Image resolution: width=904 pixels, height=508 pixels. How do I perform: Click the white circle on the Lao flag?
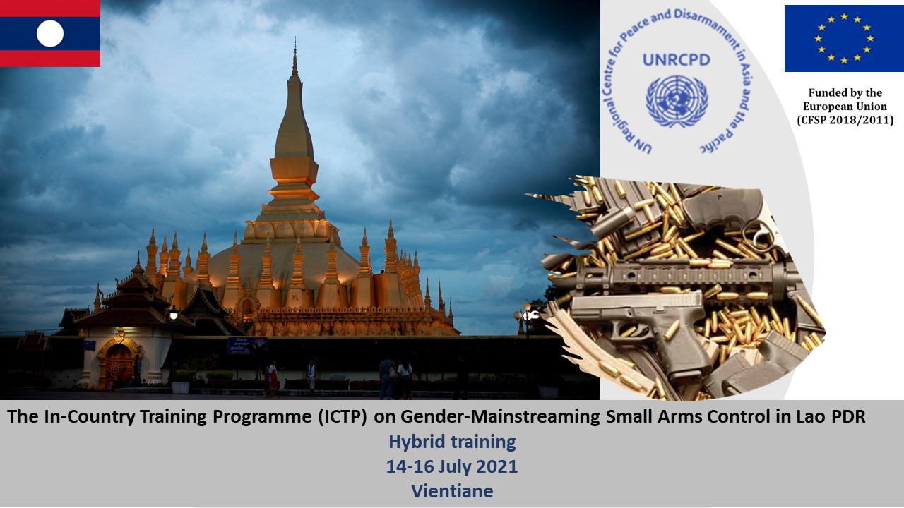pos(50,33)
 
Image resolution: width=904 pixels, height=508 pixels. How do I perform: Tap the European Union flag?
pos(844,38)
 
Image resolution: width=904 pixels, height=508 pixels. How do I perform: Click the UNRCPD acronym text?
pos(677,60)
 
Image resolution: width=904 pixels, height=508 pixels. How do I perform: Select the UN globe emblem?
pos(677,101)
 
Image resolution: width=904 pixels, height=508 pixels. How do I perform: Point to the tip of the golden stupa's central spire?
pos(295,37)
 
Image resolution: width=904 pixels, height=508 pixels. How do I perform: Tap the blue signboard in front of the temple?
pos(247,345)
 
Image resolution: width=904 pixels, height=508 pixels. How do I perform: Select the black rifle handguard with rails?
pos(678,276)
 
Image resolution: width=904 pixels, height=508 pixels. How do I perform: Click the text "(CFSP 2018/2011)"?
pos(845,120)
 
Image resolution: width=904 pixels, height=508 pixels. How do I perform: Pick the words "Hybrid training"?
pos(452,442)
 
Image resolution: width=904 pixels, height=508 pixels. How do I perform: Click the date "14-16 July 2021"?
pos(452,466)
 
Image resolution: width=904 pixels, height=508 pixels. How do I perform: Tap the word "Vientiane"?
pos(452,491)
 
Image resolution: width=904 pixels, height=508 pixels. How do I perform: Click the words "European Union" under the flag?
pos(845,107)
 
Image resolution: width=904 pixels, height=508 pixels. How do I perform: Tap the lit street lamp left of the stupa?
pos(174,313)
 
